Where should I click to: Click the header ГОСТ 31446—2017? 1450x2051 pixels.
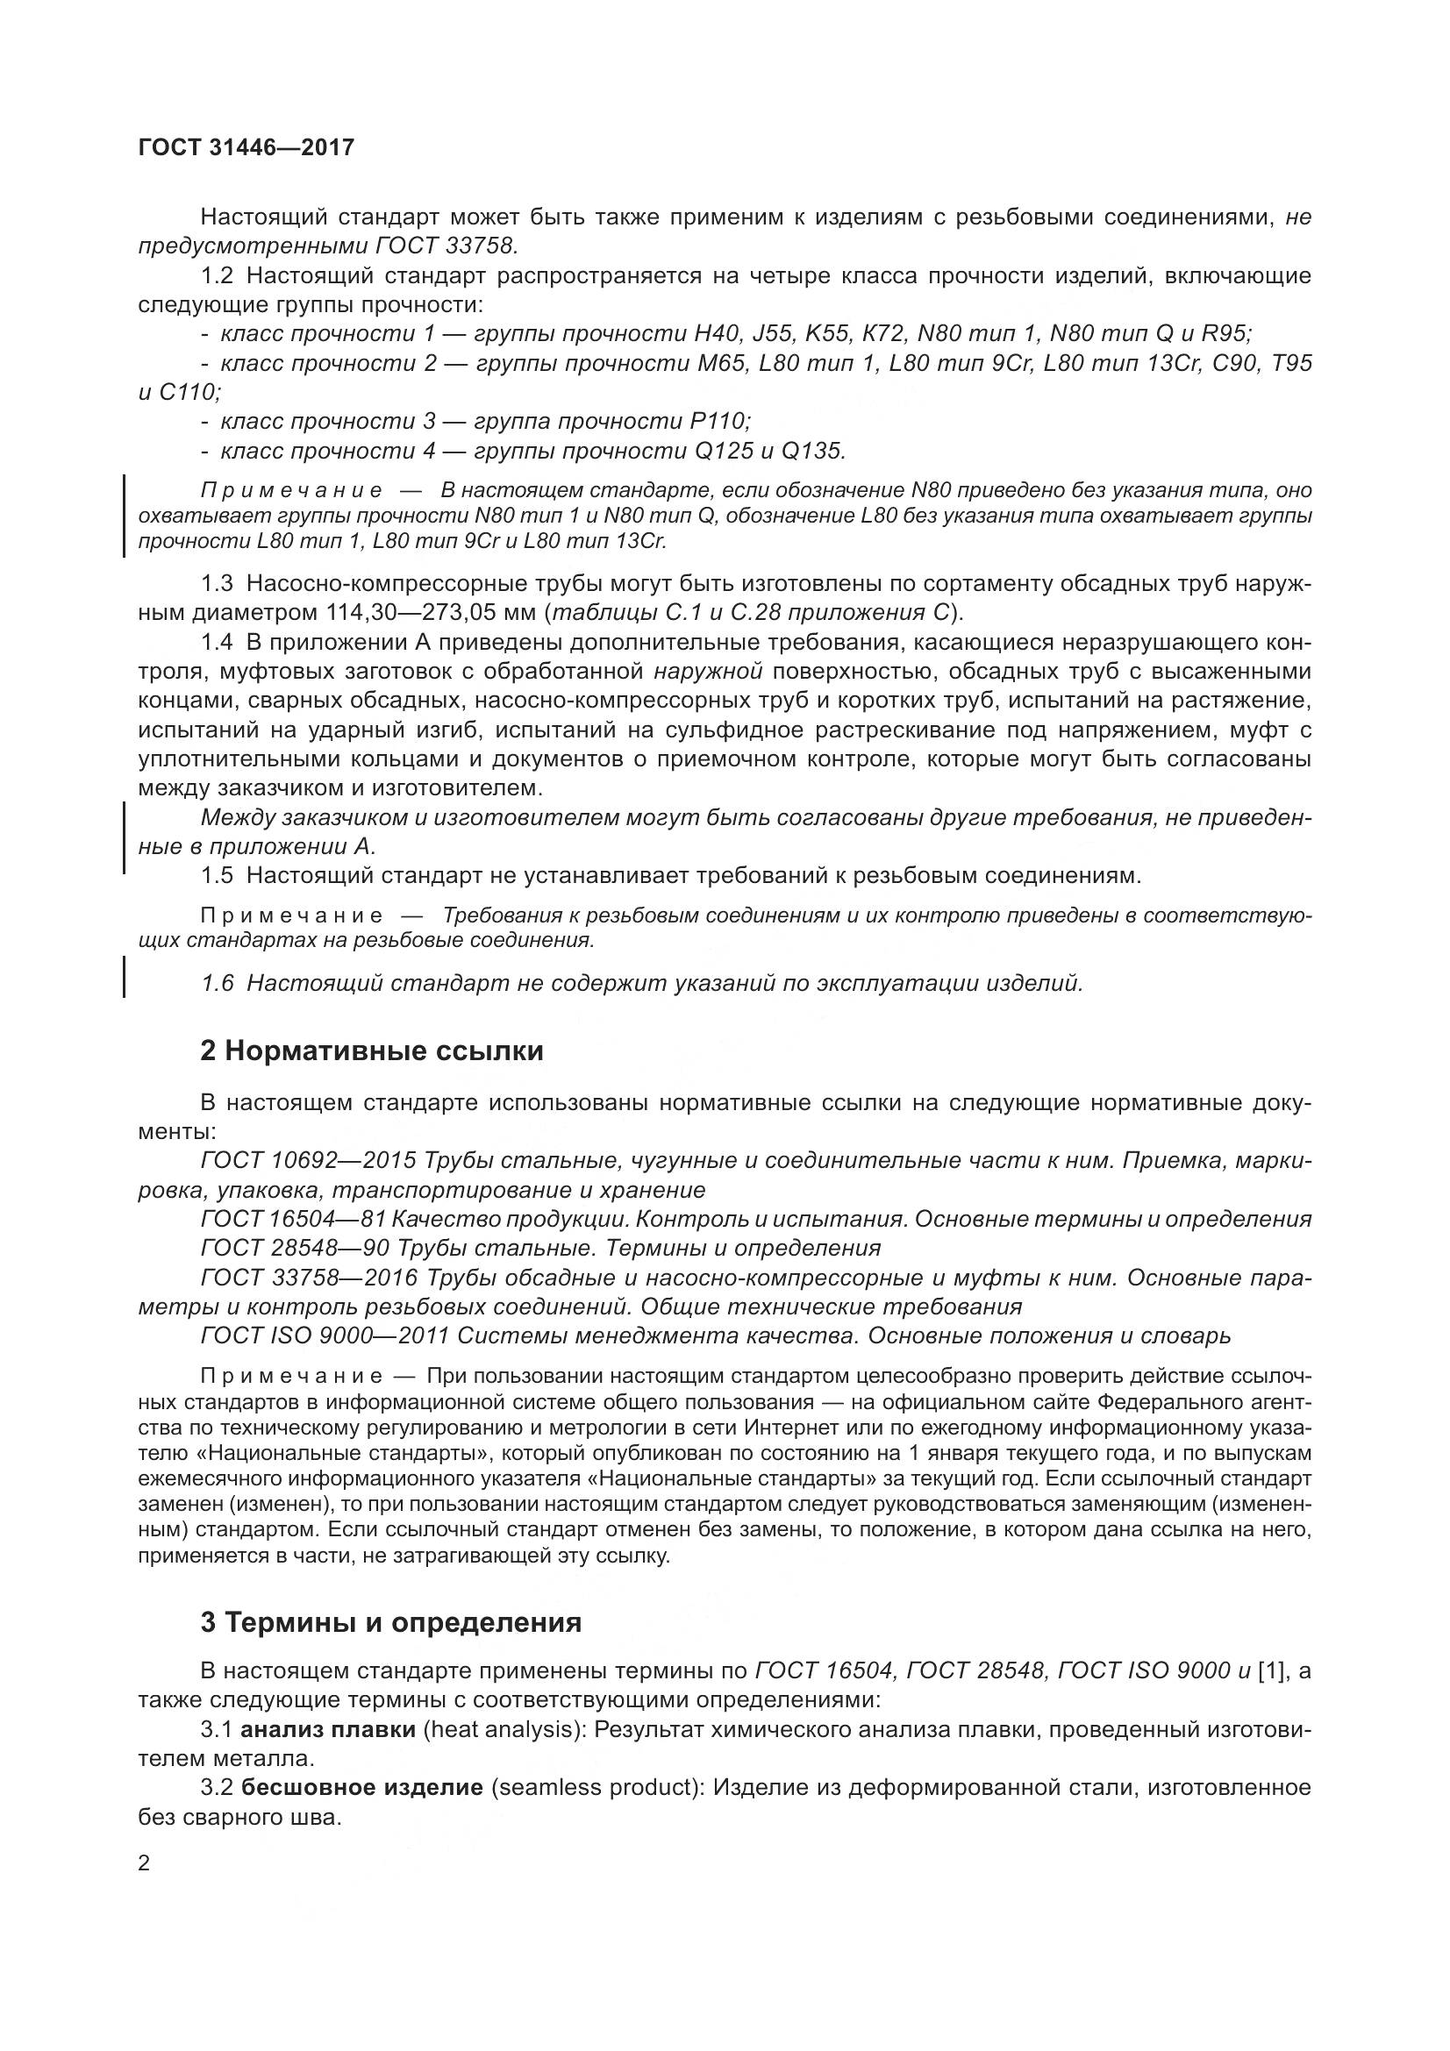[246, 147]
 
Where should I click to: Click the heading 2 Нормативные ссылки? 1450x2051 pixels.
[372, 1050]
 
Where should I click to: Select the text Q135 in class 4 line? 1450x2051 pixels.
[812, 451]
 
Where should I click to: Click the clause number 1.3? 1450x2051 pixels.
[217, 583]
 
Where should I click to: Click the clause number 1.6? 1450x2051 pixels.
[217, 984]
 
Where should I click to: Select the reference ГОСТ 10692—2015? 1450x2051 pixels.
[309, 1160]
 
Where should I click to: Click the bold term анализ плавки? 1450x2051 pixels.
[329, 1729]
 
